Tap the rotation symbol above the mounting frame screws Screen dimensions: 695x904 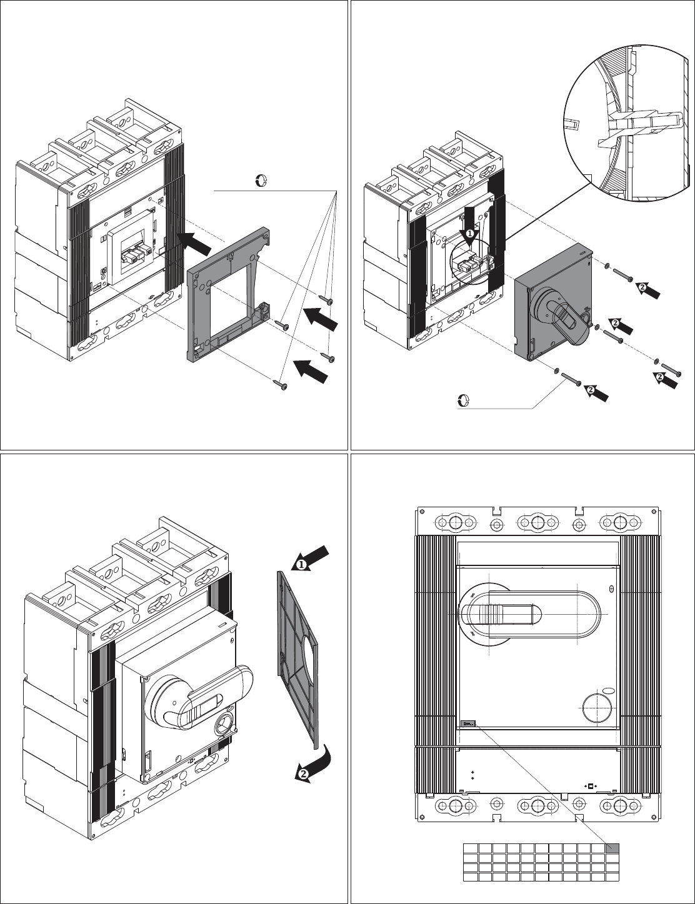coord(261,181)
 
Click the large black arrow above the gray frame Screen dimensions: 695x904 coord(195,243)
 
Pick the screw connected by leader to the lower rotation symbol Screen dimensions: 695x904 coord(571,379)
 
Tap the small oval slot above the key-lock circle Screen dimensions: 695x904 coord(609,690)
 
